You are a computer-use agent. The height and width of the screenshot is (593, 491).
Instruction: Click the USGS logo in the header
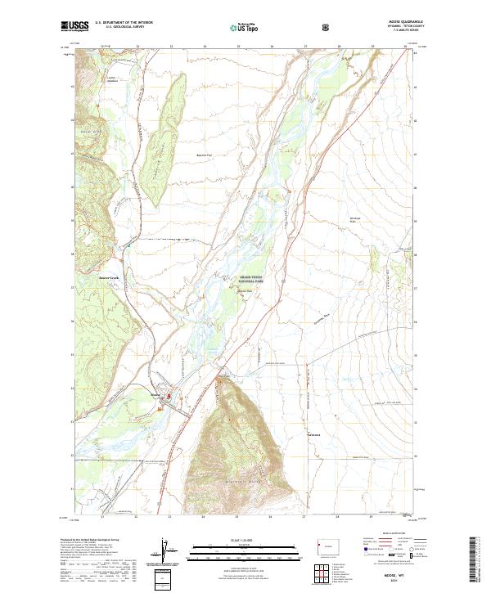click(x=74, y=26)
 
